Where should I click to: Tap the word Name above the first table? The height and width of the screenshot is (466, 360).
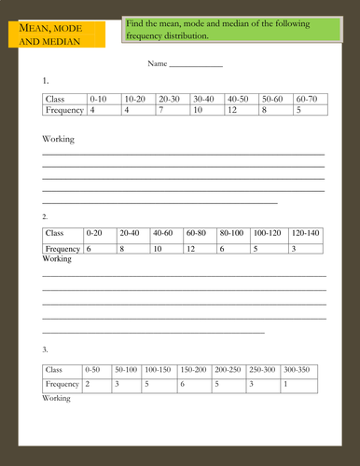156,64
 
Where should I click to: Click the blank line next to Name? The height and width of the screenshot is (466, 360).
196,65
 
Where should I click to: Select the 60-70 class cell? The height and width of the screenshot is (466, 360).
306,98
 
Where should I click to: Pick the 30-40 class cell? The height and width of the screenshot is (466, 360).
203,98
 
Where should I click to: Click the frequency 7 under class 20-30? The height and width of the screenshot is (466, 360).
161,110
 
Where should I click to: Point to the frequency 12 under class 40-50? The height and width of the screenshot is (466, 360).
231,110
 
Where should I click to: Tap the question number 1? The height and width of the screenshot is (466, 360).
46,81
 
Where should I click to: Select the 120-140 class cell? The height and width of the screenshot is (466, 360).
305,233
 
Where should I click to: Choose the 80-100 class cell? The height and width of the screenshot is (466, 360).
230,233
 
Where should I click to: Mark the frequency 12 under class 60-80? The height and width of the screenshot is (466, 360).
190,249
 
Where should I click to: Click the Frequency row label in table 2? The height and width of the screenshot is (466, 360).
62,249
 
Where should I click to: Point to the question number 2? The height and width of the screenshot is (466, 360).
46,216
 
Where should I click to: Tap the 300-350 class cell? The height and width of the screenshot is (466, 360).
298,370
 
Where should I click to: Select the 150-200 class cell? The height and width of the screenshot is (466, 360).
193,370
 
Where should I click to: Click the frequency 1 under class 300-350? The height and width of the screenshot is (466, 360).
285,384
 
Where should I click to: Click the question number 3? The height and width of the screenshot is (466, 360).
46,349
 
